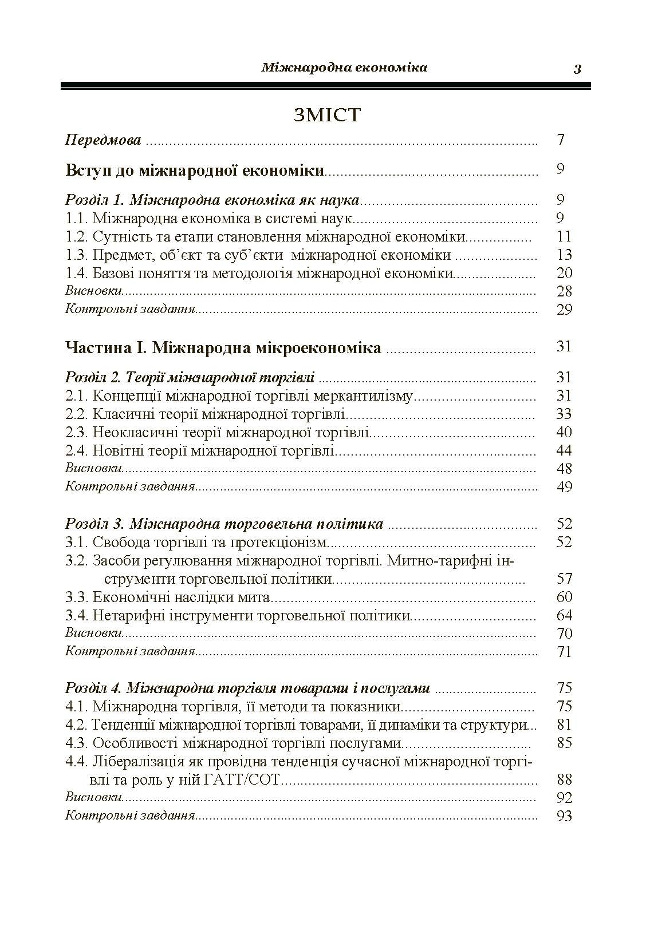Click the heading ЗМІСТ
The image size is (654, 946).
coord(327,115)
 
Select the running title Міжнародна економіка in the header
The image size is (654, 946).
coord(344,68)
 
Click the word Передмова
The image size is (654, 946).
coord(103,140)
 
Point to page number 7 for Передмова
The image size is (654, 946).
coord(561,140)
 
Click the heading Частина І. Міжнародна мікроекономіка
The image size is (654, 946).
coord(223,347)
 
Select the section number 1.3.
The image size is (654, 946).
coord(76,255)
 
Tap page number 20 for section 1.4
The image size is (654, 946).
coord(564,273)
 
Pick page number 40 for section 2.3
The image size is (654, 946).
coord(564,432)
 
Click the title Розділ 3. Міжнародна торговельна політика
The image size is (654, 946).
coord(224,524)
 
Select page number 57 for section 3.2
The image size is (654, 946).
coord(564,579)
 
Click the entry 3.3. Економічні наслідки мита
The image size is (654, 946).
coord(167,597)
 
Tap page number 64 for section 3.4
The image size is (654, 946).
coord(564,615)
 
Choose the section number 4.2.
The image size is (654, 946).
coord(76,725)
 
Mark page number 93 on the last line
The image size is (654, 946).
coord(564,816)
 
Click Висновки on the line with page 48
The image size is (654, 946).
coord(94,468)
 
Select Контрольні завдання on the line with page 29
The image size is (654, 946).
coord(130,310)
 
